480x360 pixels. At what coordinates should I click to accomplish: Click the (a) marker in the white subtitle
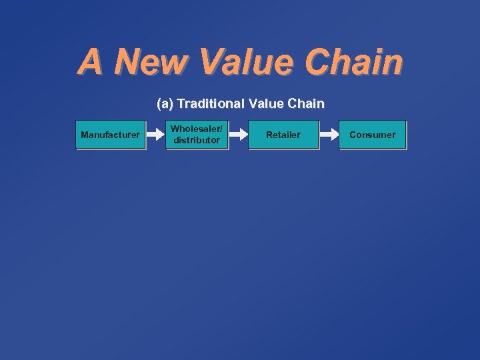pyautogui.click(x=165, y=104)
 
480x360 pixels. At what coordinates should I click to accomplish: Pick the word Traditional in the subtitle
pyautogui.click(x=211, y=104)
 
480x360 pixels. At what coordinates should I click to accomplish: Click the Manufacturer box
pyautogui.click(x=110, y=135)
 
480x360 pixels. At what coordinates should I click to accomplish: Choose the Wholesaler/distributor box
pyautogui.click(x=197, y=135)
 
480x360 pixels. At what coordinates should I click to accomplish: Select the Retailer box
pyautogui.click(x=283, y=135)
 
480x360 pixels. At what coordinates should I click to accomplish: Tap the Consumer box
pyautogui.click(x=372, y=135)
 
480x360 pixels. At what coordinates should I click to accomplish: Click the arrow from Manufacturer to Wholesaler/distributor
pyautogui.click(x=155, y=135)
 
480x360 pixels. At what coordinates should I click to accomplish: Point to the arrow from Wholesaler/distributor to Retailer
pyautogui.click(x=239, y=135)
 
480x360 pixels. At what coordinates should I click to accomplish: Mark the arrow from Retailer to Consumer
pyautogui.click(x=329, y=135)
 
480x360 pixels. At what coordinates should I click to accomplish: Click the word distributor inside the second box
pyautogui.click(x=197, y=140)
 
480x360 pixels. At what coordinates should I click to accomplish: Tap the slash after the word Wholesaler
pyautogui.click(x=221, y=129)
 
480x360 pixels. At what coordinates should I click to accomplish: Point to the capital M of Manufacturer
pyautogui.click(x=84, y=135)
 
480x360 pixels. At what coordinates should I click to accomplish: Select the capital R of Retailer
pyautogui.click(x=269, y=135)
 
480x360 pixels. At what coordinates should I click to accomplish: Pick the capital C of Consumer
pyautogui.click(x=353, y=135)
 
